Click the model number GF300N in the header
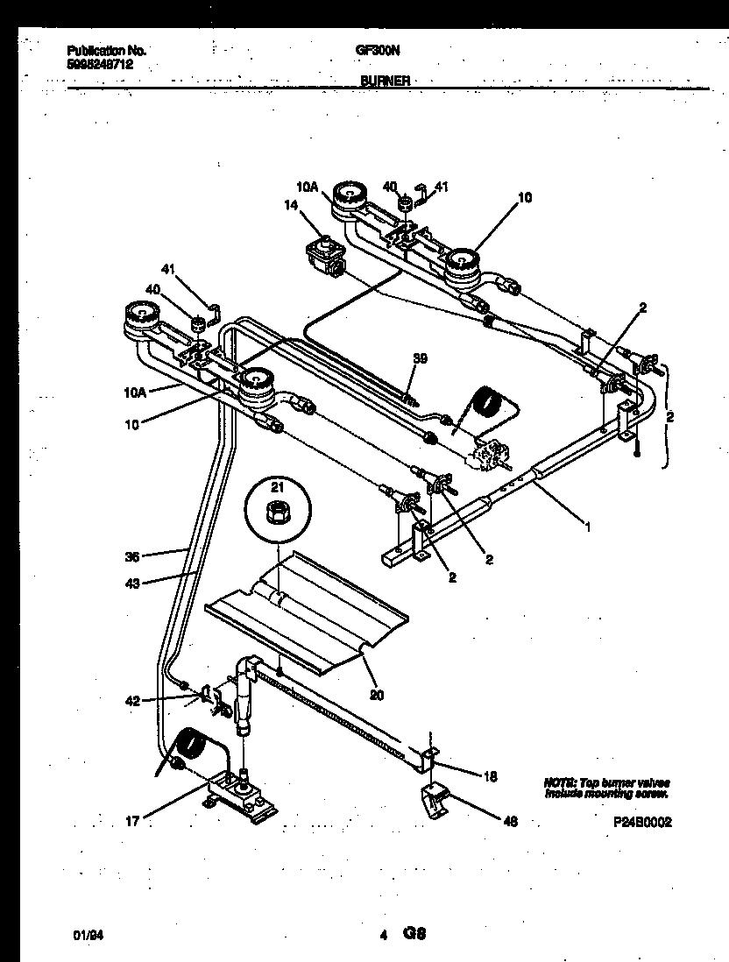coord(374,51)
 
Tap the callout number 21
coord(277,487)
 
